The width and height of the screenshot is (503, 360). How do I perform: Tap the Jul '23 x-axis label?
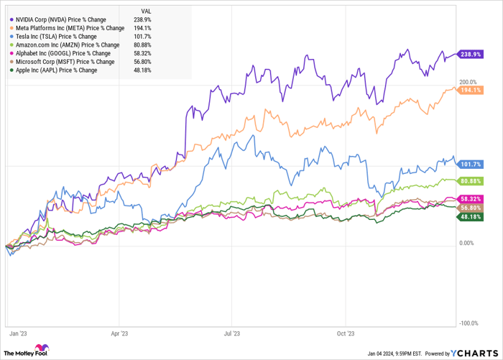pos(232,333)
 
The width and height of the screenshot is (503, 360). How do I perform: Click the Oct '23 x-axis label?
pos(346,333)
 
